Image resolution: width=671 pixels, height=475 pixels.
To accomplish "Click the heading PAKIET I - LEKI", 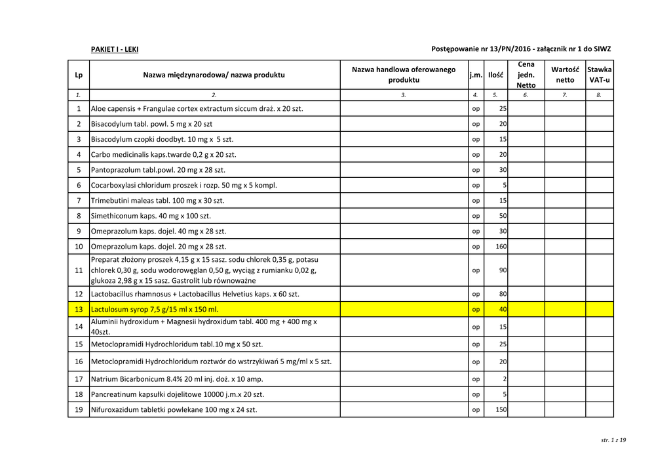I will click(114, 49).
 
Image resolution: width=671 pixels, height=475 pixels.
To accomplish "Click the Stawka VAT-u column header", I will click(599, 75).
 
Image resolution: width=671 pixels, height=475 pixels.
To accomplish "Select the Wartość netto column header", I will click(565, 75).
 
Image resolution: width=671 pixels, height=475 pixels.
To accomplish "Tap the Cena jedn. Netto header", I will click(526, 75).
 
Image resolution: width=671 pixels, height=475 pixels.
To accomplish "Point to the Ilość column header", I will click(495, 75).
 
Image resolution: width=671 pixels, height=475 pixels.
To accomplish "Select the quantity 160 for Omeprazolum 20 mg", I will click(501, 247).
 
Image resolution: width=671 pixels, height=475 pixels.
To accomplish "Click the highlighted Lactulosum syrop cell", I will click(155, 309).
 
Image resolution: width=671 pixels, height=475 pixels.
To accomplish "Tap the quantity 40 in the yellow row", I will click(503, 309).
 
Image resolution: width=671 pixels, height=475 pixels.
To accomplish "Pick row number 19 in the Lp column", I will click(79, 409).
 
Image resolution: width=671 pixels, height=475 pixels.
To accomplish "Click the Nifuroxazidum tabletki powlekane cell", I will click(174, 409).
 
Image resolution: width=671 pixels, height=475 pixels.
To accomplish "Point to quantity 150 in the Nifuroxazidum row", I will click(501, 410).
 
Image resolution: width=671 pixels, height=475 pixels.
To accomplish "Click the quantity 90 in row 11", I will click(503, 270).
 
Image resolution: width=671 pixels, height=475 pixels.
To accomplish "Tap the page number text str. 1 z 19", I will click(613, 440).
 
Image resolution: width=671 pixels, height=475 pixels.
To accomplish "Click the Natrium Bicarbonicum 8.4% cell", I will click(177, 379).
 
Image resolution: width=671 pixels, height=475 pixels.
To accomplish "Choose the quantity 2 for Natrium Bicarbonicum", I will click(505, 379).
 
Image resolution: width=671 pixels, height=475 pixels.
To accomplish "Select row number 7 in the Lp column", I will click(79, 200).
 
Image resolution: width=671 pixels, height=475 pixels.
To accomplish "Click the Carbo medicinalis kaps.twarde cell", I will click(163, 155).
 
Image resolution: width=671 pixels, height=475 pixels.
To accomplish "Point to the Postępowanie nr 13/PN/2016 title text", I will click(521, 49).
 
